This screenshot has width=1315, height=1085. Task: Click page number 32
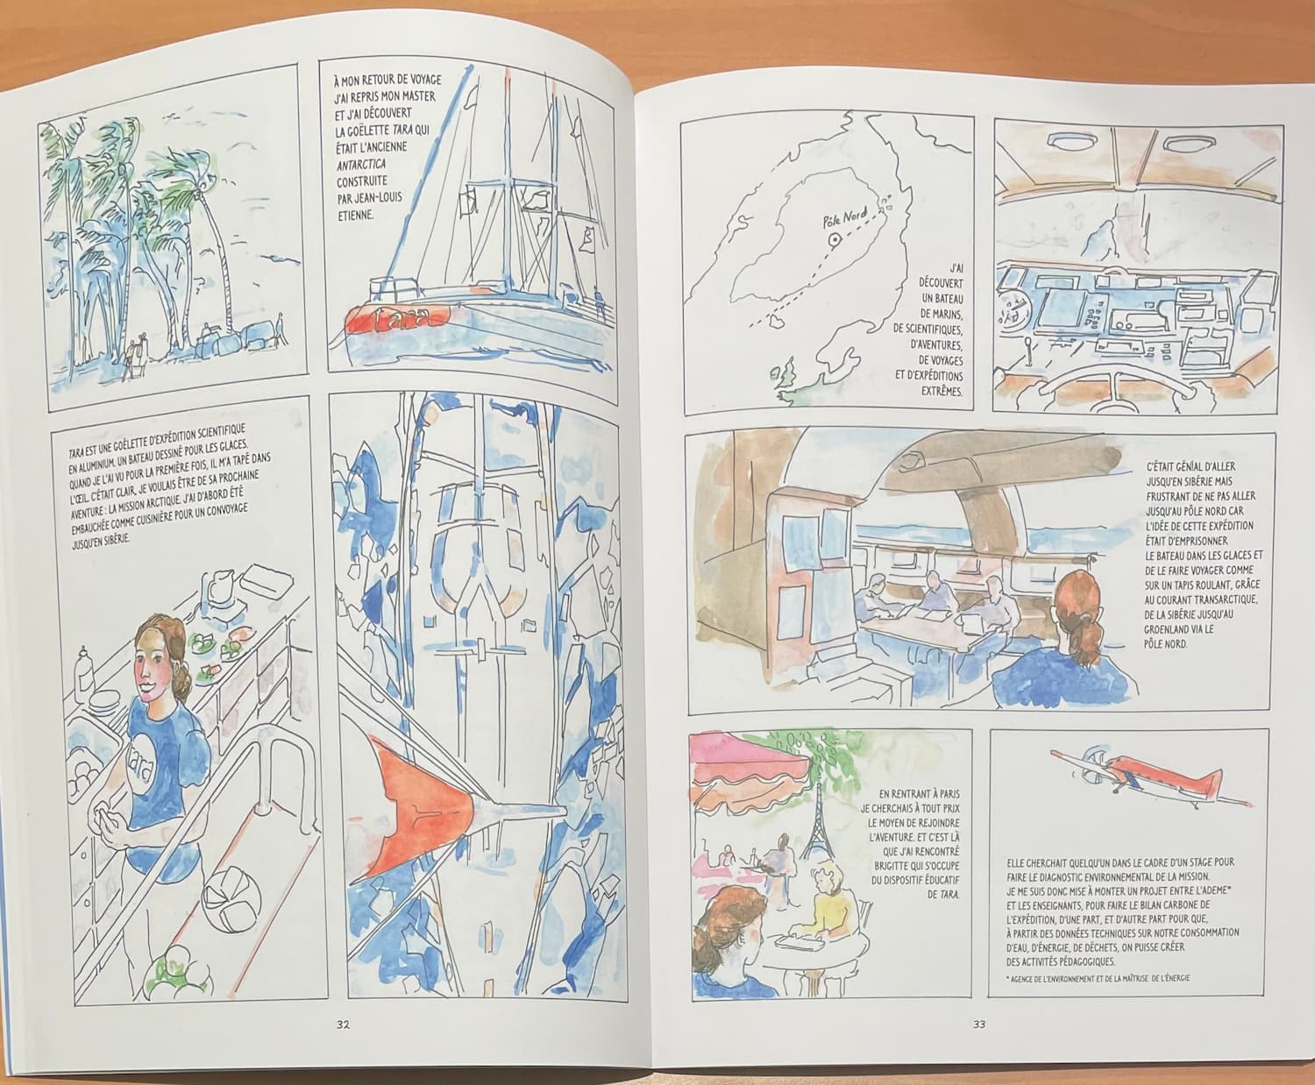coord(343,1025)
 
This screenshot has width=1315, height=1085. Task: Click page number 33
coord(978,1025)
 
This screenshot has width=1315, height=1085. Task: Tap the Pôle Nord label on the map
coord(844,218)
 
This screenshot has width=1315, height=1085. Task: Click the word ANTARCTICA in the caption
coord(361,165)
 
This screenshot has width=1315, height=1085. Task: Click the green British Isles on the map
coord(785,377)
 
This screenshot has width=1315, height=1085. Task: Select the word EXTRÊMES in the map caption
coord(942,391)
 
